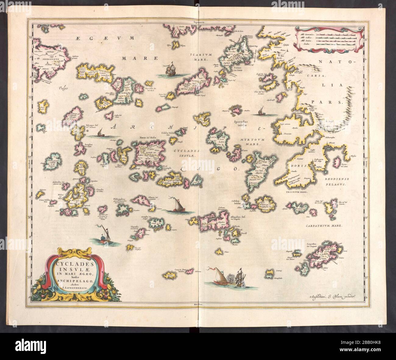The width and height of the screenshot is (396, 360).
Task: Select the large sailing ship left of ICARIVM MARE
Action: (x=170, y=69)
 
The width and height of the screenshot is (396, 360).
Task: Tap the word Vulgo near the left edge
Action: (x=63, y=88)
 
